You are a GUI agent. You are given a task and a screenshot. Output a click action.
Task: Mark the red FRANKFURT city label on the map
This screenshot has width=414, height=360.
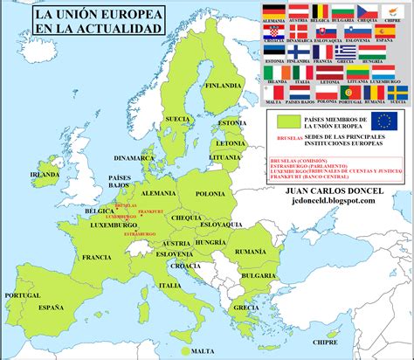(150, 211)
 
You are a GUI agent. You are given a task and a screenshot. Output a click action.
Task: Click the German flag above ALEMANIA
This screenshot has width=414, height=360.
(273, 10)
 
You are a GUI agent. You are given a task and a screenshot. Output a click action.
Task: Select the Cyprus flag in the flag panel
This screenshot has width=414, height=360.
(390, 10)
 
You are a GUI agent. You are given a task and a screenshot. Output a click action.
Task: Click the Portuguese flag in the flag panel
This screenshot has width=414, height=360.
(352, 92)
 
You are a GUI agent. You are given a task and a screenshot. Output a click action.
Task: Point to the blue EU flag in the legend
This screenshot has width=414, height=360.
(383, 120)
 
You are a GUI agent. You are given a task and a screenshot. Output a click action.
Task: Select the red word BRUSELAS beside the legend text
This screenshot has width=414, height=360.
(287, 137)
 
